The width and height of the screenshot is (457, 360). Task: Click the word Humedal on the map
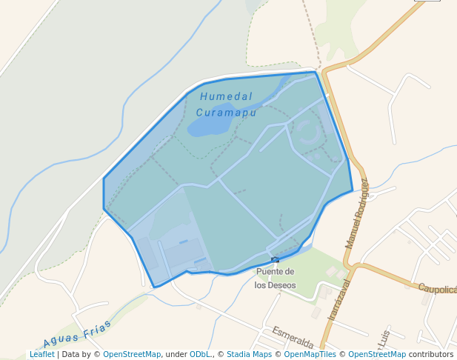point(226,97)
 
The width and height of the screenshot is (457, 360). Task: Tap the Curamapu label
point(226,113)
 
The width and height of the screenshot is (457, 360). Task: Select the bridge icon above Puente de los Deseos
point(276,259)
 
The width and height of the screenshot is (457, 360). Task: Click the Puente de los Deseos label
point(275,278)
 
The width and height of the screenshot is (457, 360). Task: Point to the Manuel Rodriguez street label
point(356,213)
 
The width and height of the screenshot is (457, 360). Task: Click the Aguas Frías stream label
point(77,334)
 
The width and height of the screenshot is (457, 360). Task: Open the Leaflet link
point(41,355)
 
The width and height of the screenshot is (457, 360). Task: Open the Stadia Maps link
point(248,355)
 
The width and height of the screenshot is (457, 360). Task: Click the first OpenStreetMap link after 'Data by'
point(132,355)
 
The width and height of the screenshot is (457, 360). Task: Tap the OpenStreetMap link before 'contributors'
point(377,355)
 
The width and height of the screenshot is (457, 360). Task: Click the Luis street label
point(384,337)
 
